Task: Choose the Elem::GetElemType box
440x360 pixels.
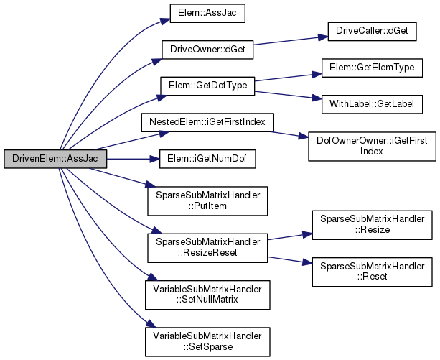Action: click(371, 68)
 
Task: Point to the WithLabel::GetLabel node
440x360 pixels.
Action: click(371, 103)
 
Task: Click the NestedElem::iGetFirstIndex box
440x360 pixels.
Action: click(207, 121)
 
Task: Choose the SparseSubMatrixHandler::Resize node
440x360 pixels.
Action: click(371, 224)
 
